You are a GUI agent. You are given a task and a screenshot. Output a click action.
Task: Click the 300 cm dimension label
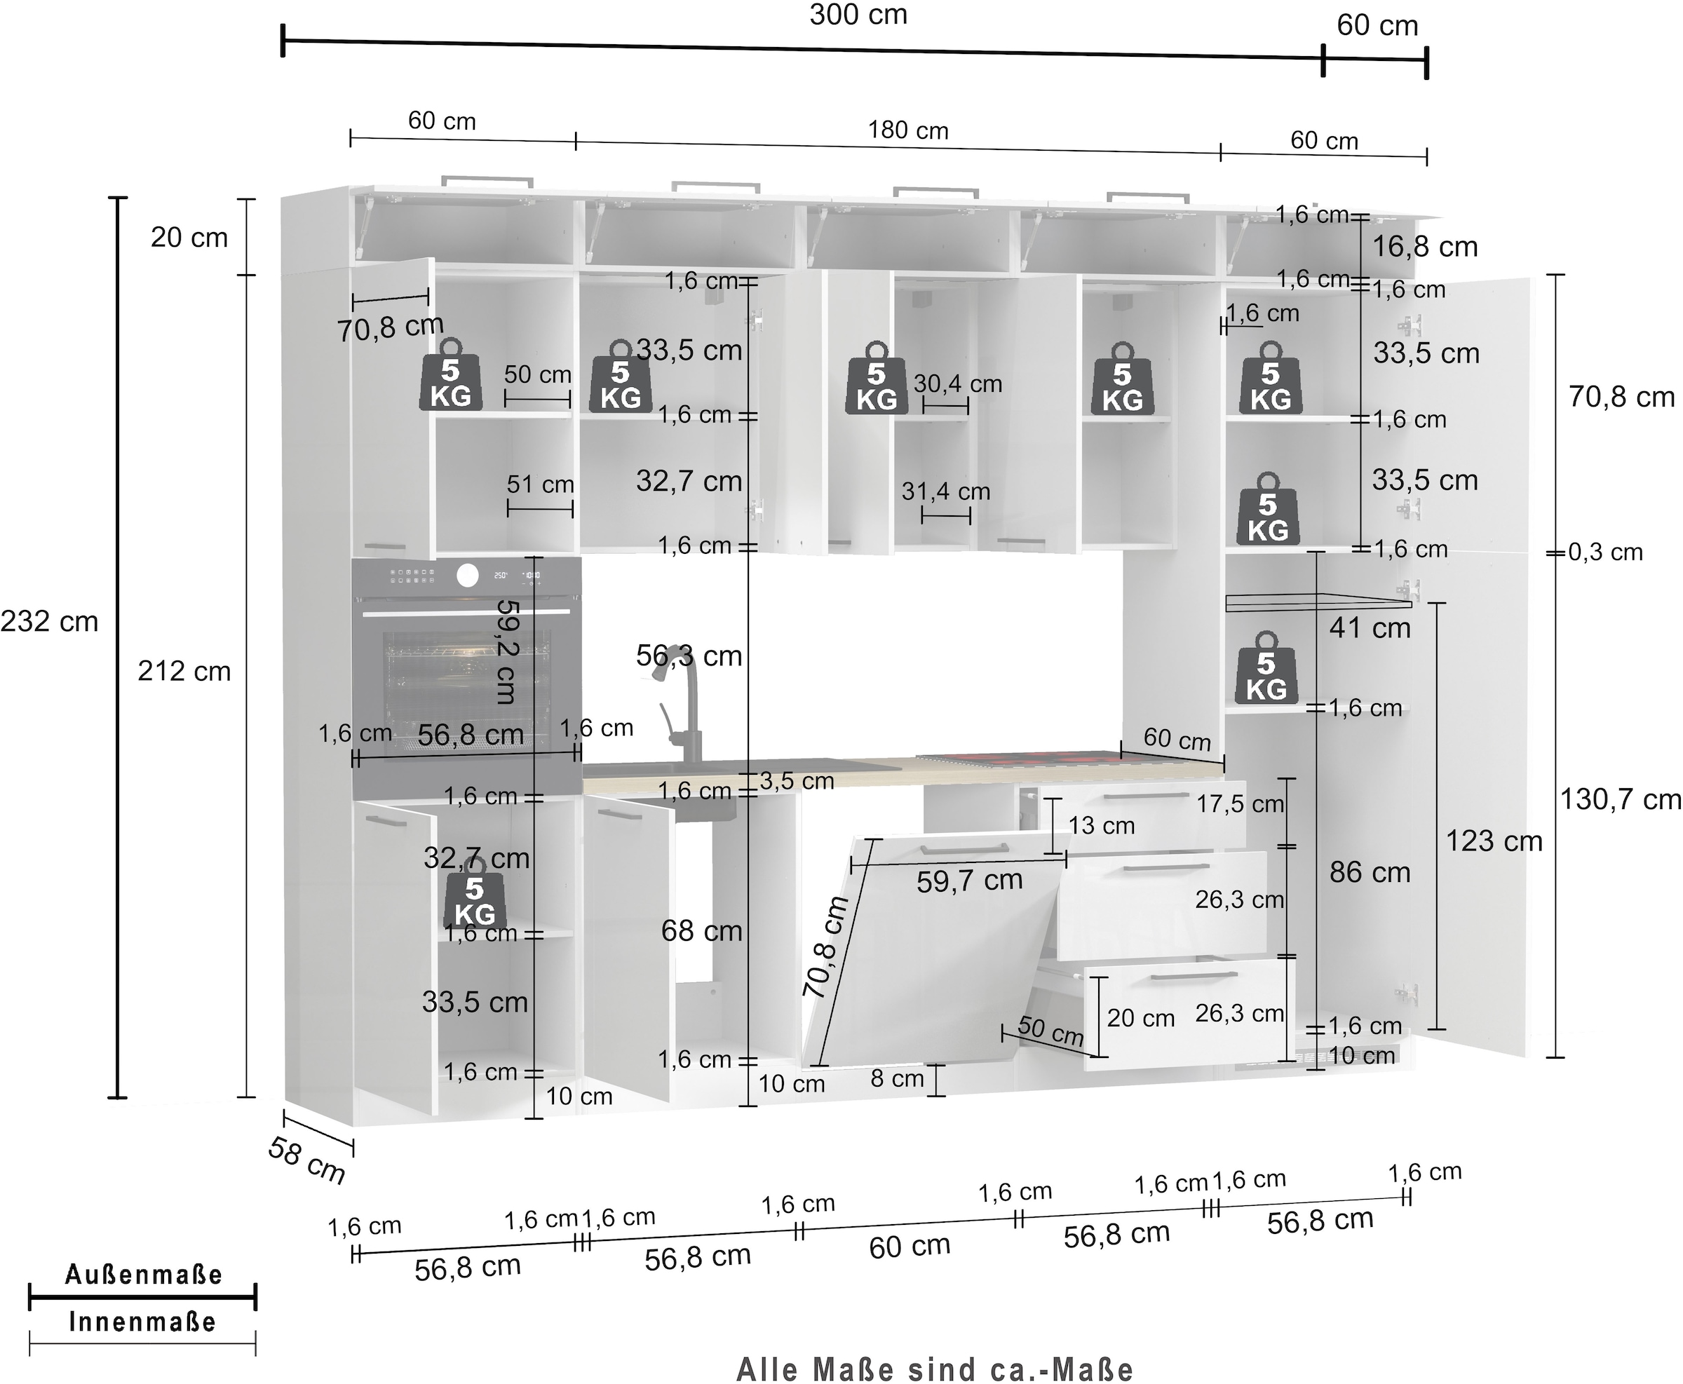[x=858, y=15]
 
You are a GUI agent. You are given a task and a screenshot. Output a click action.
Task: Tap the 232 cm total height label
[x=49, y=621]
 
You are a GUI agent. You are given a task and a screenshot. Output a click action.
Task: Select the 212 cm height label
[x=184, y=671]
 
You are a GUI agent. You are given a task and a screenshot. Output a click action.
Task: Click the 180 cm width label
[x=908, y=130]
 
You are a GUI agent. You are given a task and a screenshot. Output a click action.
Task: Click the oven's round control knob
[x=468, y=576]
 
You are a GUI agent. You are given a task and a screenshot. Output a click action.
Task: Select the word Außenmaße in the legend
[x=143, y=1275]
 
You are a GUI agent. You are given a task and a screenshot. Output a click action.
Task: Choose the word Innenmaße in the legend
[x=143, y=1322]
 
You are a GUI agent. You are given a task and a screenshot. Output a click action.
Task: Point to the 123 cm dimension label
[x=1494, y=841]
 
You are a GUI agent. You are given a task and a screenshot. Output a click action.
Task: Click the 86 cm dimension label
[x=1370, y=872]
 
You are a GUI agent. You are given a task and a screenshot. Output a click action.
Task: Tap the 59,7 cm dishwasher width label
[x=969, y=881]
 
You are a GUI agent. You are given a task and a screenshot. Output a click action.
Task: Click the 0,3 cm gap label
[x=1606, y=552]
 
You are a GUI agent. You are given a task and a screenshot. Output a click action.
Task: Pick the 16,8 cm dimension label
[x=1425, y=246]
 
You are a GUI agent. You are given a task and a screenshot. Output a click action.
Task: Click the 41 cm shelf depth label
[x=1370, y=628]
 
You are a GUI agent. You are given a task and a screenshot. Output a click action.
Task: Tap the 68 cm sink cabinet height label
[x=701, y=930]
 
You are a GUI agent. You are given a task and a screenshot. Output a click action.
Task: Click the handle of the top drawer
[x=1146, y=795]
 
